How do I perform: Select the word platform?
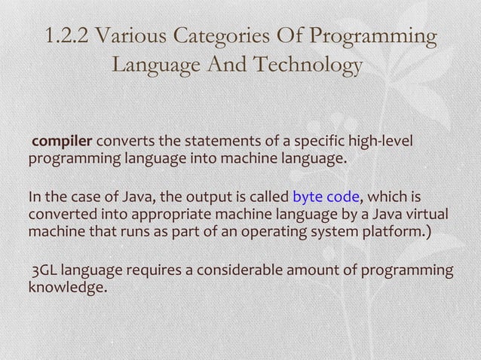click(396, 230)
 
